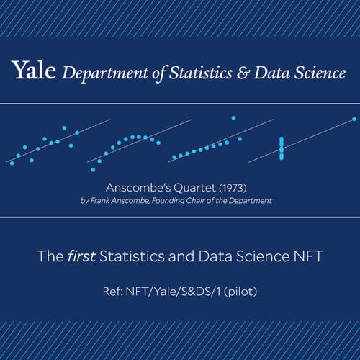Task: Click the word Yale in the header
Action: coord(34,70)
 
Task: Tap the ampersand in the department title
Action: coord(243,73)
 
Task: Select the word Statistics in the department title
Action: coord(201,73)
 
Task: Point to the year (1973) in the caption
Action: coord(233,188)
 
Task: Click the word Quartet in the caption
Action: coord(194,188)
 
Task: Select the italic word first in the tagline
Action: coord(82,256)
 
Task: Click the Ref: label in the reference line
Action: coord(113,292)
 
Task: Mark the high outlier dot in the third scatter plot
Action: coord(233,118)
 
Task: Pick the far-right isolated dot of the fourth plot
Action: coord(354,119)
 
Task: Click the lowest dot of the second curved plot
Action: coord(94,170)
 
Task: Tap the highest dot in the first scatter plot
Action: coord(64,128)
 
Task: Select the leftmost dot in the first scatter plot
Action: coord(12,163)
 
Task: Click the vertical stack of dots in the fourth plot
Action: coord(282,148)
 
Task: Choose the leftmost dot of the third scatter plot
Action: coord(174,158)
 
